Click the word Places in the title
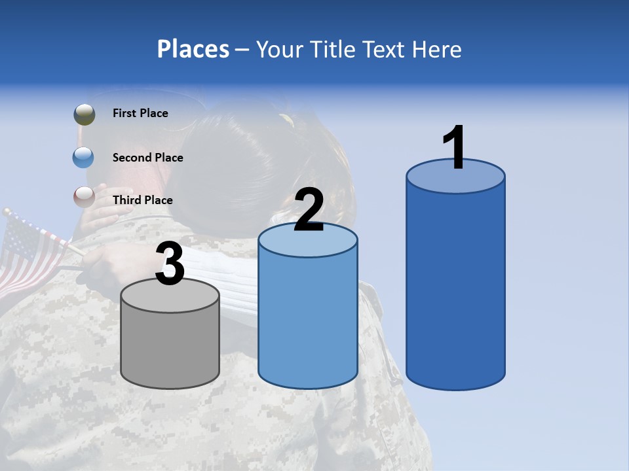tap(193, 49)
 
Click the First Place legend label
tap(140, 113)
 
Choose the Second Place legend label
tap(147, 158)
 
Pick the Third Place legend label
tap(142, 200)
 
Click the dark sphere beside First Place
tap(85, 114)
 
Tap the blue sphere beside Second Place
tap(84, 157)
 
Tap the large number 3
tap(170, 264)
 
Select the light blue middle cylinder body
tap(308, 321)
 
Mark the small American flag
tap(33, 252)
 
